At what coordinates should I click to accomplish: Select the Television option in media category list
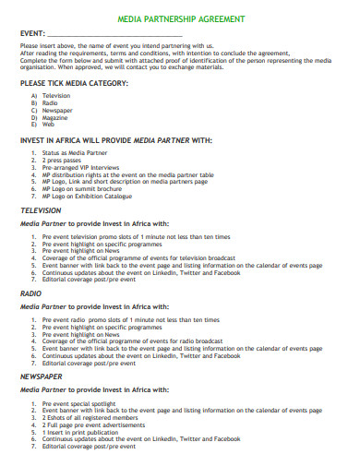[x=55, y=95]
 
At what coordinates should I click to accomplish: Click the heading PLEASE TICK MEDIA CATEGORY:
[x=74, y=83]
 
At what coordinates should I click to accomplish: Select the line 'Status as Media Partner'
[x=75, y=151]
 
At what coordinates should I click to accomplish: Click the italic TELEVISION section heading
[x=42, y=210]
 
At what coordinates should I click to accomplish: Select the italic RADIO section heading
[x=31, y=293]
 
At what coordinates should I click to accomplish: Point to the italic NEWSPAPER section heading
[x=42, y=376]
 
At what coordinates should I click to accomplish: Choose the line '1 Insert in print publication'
[x=82, y=430]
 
